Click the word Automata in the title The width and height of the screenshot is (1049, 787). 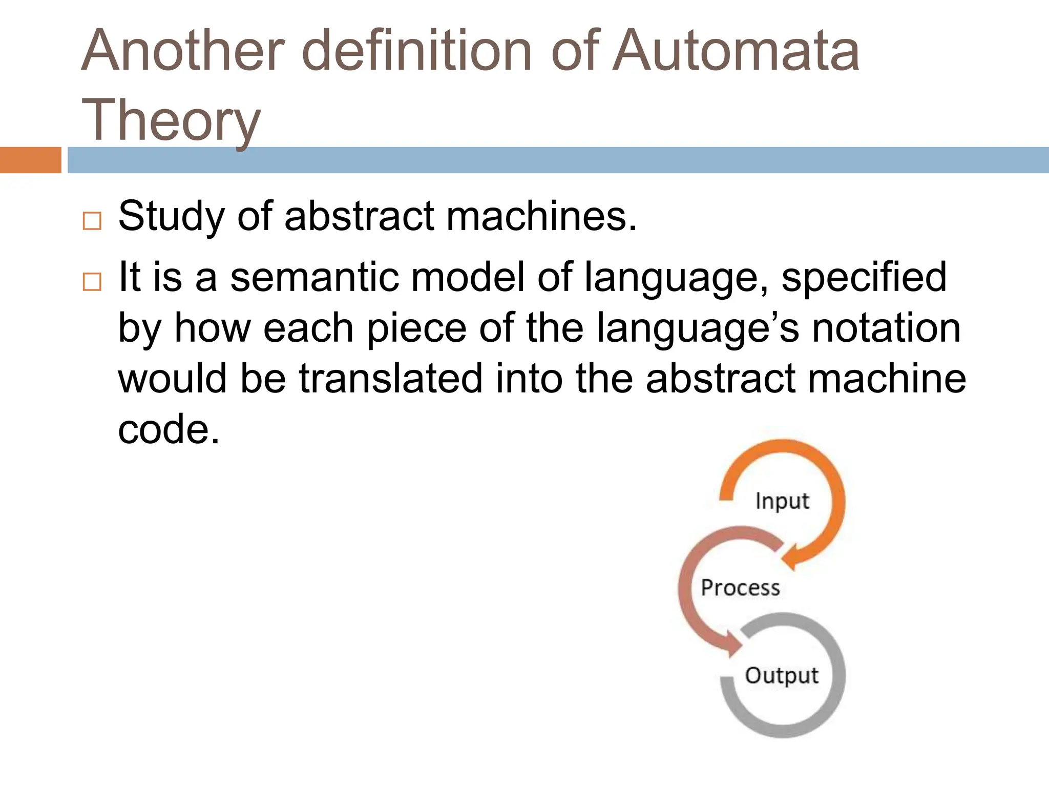(x=736, y=51)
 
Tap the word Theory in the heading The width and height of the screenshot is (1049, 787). (x=171, y=121)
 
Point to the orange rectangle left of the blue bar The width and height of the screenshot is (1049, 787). (x=30, y=160)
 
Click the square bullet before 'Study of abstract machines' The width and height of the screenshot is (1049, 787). (x=92, y=221)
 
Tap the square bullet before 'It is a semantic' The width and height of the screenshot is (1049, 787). (x=92, y=282)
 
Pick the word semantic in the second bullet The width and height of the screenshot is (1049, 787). (x=314, y=277)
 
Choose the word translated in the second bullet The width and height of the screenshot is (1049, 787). (x=391, y=379)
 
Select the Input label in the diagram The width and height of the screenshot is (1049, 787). (x=782, y=501)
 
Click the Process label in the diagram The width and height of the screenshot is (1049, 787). (x=740, y=588)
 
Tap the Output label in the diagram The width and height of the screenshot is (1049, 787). (x=782, y=676)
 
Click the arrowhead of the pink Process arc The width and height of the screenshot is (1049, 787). (x=732, y=646)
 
